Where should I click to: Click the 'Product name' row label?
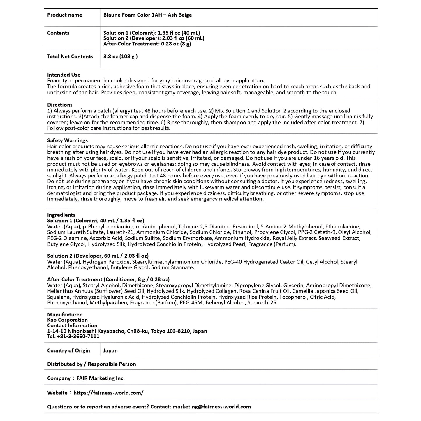64,15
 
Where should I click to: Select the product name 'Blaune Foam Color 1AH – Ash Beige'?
147,15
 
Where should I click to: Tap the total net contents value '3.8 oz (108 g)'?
120,57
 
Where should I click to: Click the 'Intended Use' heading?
64,75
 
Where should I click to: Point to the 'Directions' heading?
60,105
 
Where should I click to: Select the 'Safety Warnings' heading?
67,140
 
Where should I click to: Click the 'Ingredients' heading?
61,215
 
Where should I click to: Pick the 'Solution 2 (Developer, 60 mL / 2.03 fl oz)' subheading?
98,256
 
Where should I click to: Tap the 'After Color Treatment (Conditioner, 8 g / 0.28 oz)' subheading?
108,279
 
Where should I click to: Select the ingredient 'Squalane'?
59,297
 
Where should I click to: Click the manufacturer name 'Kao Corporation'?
67,320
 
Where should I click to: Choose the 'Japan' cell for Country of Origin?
110,350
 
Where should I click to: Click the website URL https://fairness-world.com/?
108,393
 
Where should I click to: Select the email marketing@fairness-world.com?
212,407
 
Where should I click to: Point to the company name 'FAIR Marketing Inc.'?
101,378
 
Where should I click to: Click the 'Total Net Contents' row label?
70,57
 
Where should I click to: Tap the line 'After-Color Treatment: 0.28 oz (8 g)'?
147,44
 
